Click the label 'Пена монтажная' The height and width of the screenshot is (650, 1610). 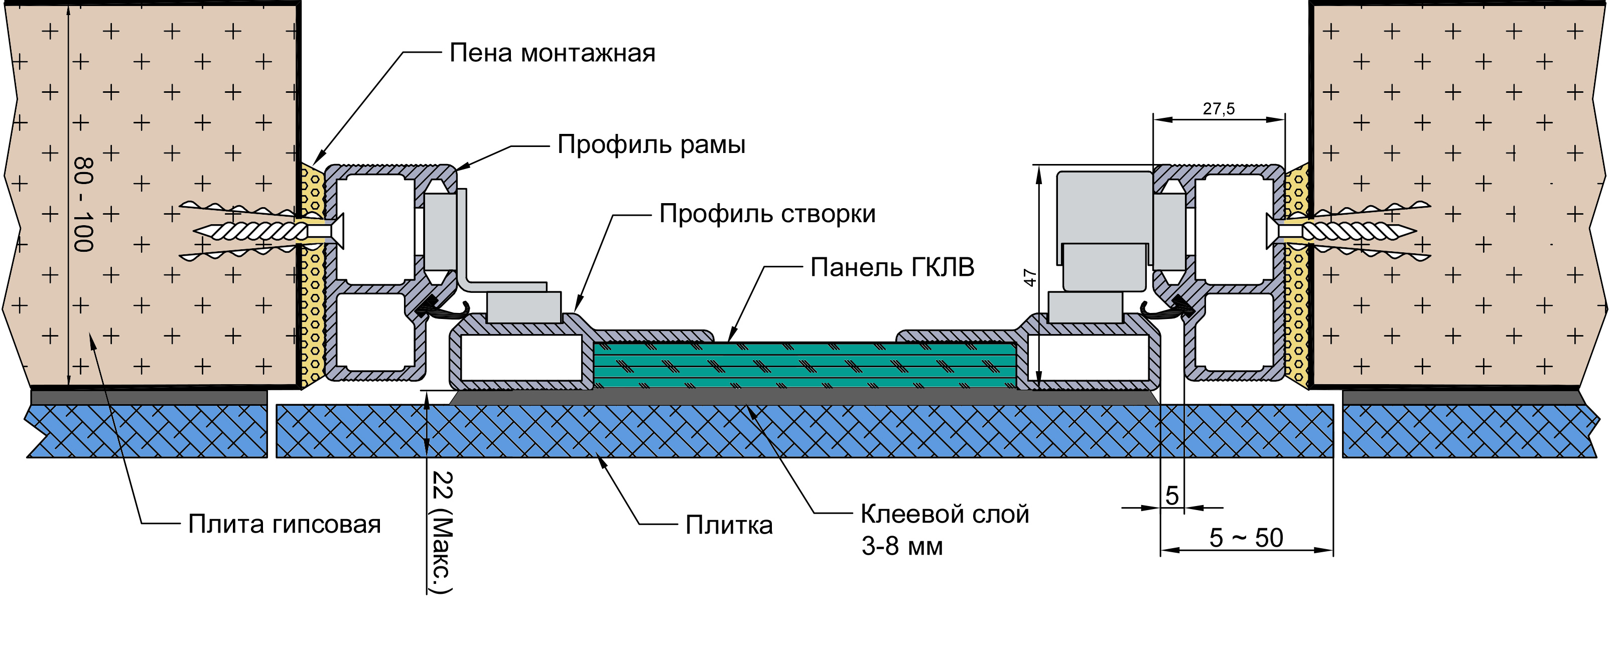(552, 54)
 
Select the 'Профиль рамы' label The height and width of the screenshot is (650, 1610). (651, 145)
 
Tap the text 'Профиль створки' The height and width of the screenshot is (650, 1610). (767, 214)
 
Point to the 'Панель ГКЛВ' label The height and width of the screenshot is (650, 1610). (892, 268)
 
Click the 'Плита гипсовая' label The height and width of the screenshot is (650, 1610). (285, 525)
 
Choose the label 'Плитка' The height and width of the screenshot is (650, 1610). (729, 525)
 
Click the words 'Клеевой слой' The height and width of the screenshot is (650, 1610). (945, 515)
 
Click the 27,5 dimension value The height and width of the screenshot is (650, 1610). (1219, 109)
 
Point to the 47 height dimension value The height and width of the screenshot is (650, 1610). (1029, 277)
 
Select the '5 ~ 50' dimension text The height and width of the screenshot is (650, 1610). (1246, 538)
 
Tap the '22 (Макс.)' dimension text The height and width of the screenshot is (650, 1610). (442, 531)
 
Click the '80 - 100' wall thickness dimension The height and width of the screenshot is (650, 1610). (84, 204)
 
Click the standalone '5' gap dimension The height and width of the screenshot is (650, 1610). (1172, 496)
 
